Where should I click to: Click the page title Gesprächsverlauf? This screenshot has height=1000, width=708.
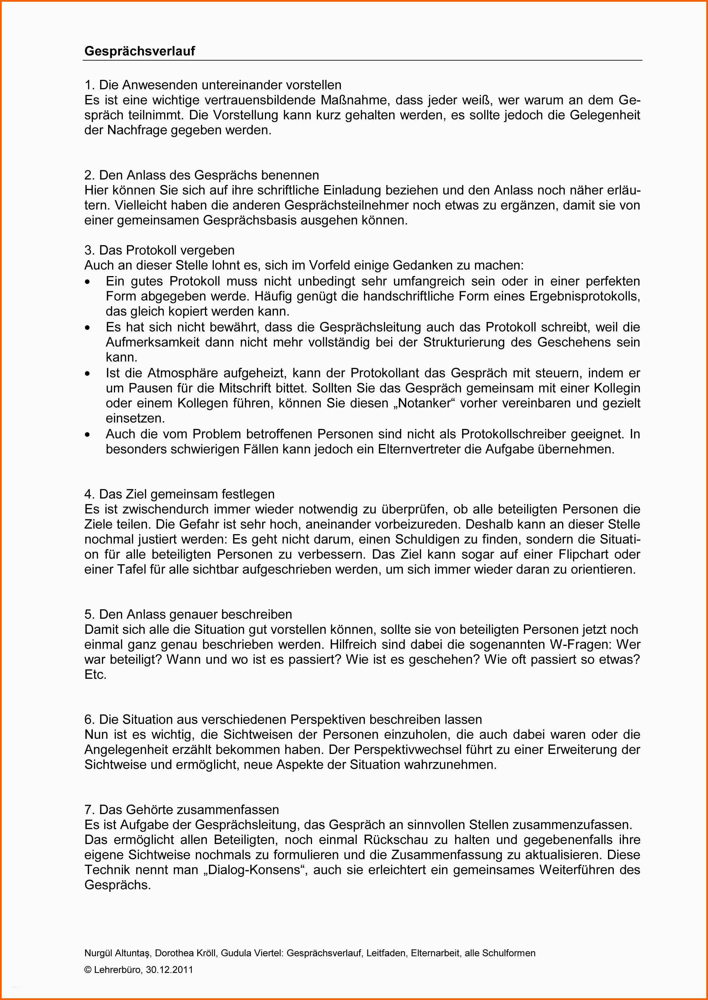pyautogui.click(x=140, y=51)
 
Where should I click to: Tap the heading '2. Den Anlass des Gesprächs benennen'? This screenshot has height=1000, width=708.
pyautogui.click(x=202, y=175)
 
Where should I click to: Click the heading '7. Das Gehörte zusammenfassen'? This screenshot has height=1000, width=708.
pyautogui.click(x=181, y=810)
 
